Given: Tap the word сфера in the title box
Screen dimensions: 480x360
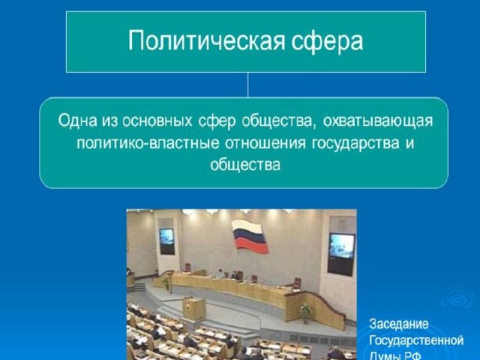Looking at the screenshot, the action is click(x=327, y=41).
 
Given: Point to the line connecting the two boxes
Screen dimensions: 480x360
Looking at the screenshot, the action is click(x=248, y=85).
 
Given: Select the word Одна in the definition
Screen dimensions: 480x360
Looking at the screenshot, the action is click(x=76, y=120).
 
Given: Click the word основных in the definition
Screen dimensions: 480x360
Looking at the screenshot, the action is click(x=157, y=121).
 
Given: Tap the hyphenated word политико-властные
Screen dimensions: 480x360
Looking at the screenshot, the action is click(x=148, y=143).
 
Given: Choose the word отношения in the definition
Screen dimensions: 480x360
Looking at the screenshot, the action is click(x=265, y=143).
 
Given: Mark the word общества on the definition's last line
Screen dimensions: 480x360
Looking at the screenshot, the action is click(x=245, y=165).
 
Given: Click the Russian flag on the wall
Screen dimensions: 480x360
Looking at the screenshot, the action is click(x=250, y=236).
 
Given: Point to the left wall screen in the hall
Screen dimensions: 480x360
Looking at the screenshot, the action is click(x=166, y=241).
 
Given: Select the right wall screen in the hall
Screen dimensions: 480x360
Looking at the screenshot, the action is click(x=341, y=254).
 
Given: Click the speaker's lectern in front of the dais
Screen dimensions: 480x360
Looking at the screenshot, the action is click(x=194, y=308).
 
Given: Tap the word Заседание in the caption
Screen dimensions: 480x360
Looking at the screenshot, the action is click(x=399, y=324).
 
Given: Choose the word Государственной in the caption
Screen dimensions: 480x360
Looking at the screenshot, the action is click(x=416, y=340).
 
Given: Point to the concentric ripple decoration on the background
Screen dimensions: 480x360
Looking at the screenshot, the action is click(x=457, y=298).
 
